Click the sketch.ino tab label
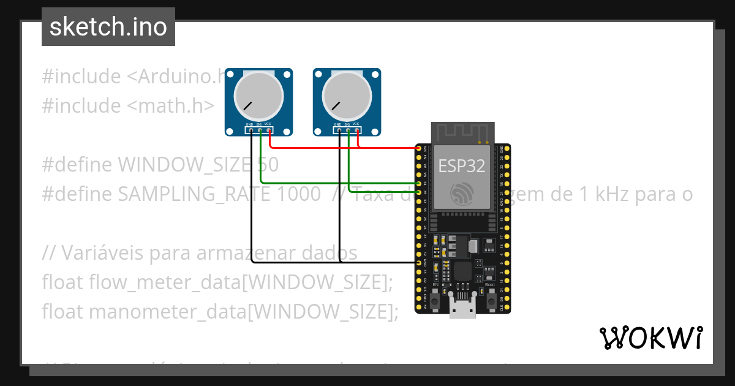pos(108,27)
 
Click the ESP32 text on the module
pos(461,166)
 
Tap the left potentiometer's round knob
pos(259,96)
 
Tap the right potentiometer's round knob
pos(347,96)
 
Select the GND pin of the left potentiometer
pos(251,130)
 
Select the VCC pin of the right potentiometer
pos(358,130)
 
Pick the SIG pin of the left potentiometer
pos(260,130)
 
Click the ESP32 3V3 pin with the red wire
pos(419,148)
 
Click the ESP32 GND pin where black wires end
pos(419,262)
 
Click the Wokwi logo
pos(650,338)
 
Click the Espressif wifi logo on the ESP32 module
pos(462,194)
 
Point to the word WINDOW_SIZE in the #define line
pos(184,165)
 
